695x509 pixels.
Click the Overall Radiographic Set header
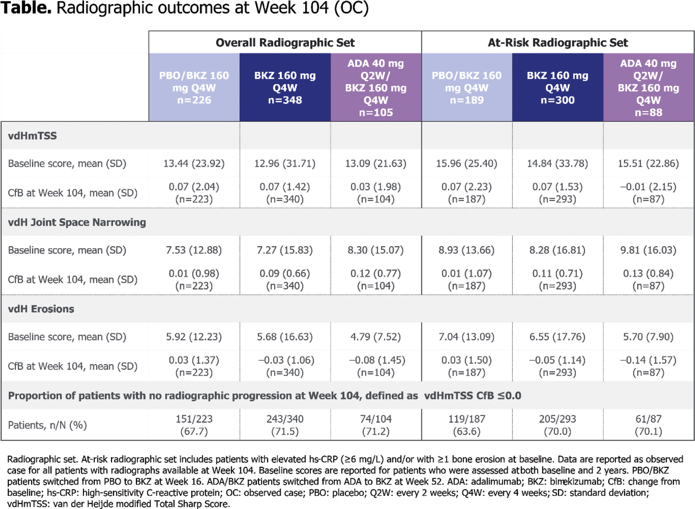[285, 43]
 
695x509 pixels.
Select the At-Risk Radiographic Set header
[557, 43]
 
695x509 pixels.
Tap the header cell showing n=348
[285, 87]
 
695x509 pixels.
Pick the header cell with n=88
[648, 87]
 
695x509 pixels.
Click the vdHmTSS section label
[32, 136]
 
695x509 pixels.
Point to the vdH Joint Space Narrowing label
[77, 223]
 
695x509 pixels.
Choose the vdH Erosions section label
[41, 309]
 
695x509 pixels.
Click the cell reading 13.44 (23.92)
[194, 164]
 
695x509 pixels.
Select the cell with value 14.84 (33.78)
[557, 164]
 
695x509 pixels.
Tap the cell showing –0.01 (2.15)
[648, 193]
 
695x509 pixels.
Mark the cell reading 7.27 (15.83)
[285, 250]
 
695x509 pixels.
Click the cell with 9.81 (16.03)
[648, 250]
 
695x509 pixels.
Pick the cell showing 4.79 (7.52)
[376, 337]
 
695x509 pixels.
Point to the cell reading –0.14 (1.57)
[648, 366]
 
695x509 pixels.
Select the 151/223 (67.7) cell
[194, 425]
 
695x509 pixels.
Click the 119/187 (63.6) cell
[466, 425]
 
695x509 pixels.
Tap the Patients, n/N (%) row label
[47, 425]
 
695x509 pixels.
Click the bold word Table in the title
[26, 8]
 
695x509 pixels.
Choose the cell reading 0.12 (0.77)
[376, 279]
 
